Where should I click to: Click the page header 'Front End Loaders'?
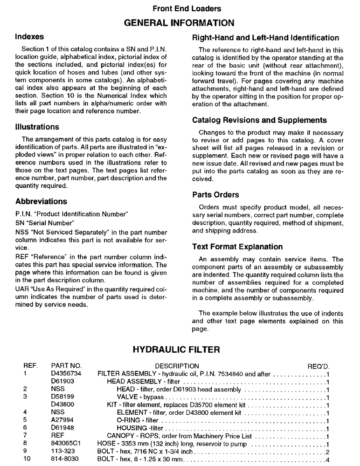pos(180,8)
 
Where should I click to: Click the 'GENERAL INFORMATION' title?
pos(180,22)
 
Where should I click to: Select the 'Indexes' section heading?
pos(29,36)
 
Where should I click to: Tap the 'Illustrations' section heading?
pos(37,127)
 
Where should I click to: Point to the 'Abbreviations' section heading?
pos(41,202)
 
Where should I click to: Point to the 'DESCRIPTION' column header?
pos(177,366)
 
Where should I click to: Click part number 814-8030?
pos(63,459)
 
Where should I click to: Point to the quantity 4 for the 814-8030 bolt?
pos(328,459)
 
